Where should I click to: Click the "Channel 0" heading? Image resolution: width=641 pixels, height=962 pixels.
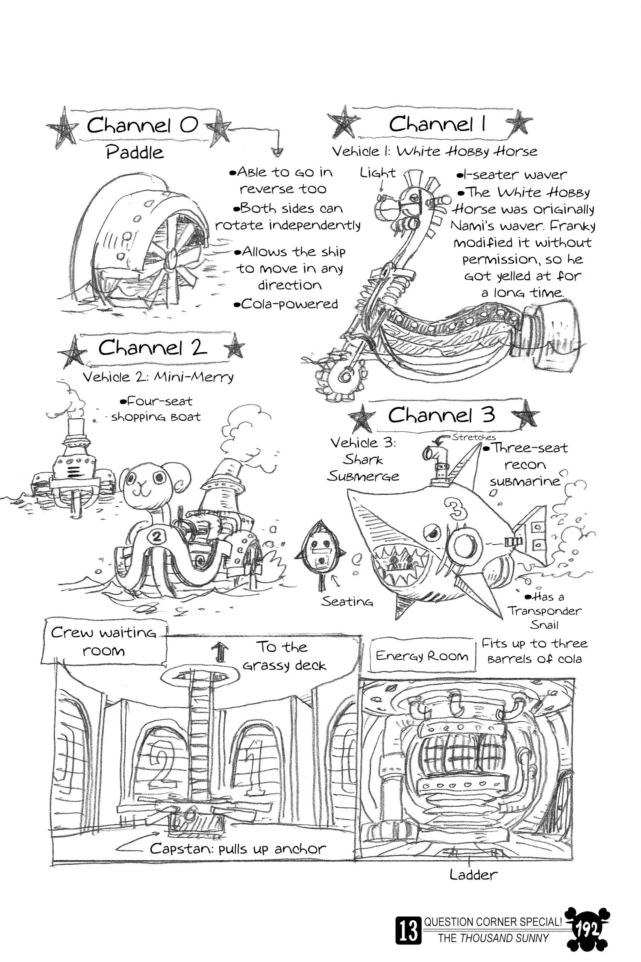point(142,125)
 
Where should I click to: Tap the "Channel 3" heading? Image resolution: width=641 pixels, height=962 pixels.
point(441,415)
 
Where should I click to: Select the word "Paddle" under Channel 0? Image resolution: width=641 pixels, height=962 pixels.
point(135,152)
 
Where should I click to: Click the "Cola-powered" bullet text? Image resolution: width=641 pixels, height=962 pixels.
point(286,304)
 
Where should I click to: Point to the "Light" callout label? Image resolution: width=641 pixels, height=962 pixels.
point(378,173)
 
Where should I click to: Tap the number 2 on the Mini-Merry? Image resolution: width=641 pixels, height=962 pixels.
point(156,537)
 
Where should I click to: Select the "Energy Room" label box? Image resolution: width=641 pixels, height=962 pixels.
point(422,656)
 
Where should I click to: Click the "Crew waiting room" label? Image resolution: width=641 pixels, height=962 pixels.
point(104,641)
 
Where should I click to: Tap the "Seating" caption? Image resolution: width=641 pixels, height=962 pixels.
point(347,602)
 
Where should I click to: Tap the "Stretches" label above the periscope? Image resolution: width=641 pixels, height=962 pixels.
point(473,437)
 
